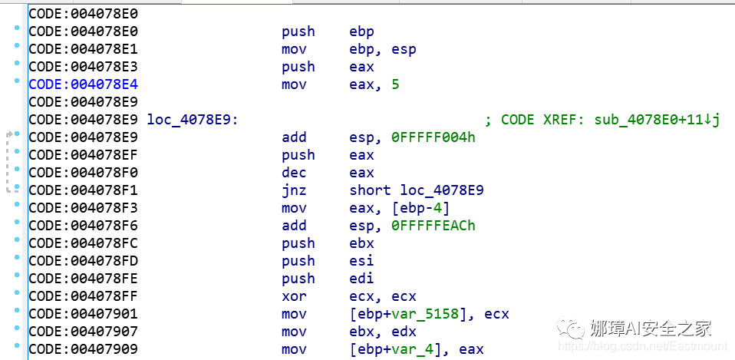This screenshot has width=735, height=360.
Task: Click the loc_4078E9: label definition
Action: click(x=193, y=120)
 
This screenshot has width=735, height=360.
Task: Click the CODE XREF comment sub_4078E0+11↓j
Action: click(x=610, y=120)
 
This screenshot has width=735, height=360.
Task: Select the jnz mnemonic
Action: click(x=294, y=190)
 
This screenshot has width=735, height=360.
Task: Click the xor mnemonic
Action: click(x=294, y=296)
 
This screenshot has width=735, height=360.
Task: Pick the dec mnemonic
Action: click(x=294, y=173)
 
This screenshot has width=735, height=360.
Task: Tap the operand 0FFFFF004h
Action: click(x=433, y=137)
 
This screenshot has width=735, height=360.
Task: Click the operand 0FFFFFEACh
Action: click(x=433, y=226)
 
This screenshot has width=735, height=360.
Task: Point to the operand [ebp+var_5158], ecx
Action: click(x=429, y=314)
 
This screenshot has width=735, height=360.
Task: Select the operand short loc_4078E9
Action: click(x=417, y=190)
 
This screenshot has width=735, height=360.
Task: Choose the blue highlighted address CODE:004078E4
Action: click(x=83, y=84)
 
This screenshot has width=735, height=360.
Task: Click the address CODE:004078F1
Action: click(x=83, y=190)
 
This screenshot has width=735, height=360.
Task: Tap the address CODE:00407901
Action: click(x=83, y=314)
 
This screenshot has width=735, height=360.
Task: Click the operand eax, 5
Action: click(x=374, y=84)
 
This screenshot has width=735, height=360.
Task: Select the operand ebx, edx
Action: click(x=383, y=332)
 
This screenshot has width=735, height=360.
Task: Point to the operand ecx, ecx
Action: click(x=383, y=296)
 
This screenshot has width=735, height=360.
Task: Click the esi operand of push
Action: click(x=361, y=261)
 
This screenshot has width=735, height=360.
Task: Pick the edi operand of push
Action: click(x=361, y=279)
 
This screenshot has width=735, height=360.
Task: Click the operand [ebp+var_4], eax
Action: click(x=417, y=349)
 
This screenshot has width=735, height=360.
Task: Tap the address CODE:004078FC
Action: click(x=83, y=243)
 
